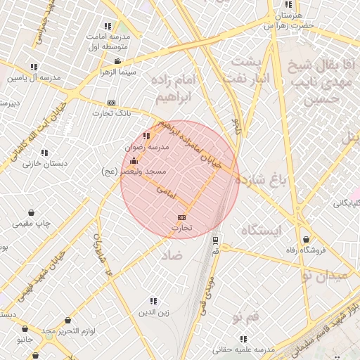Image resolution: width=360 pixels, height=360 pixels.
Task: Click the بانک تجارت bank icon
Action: point(112,103)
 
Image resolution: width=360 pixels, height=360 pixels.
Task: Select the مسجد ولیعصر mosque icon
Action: point(134,161)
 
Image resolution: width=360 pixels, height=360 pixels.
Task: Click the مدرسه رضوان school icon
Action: point(146,136)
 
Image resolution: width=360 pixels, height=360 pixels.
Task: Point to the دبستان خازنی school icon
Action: point(44,153)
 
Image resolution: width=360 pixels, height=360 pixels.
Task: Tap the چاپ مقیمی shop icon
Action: point(32,212)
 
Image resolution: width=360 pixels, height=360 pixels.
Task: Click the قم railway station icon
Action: point(215,239)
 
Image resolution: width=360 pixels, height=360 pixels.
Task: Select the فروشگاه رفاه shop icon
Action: point(304,239)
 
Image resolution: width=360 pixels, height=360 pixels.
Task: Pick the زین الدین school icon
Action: point(153,300)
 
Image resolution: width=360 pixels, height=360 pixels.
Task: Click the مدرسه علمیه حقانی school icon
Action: point(243,338)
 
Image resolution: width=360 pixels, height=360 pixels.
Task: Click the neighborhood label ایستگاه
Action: point(261,230)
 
